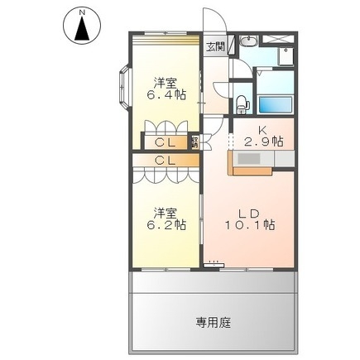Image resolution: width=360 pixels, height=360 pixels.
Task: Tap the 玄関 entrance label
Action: pyautogui.click(x=214, y=47)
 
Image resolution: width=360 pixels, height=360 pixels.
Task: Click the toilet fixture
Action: pyautogui.click(x=241, y=103)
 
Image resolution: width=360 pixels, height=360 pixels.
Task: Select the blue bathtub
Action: pyautogui.click(x=275, y=105)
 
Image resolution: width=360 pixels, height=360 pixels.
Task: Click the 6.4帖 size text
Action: pyautogui.click(x=166, y=94)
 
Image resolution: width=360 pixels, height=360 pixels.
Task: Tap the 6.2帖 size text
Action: pyautogui.click(x=166, y=224)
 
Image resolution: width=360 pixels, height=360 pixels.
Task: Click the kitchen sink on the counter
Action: pyautogui.click(x=248, y=157)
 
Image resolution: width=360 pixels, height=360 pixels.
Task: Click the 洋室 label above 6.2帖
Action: pyautogui.click(x=165, y=211)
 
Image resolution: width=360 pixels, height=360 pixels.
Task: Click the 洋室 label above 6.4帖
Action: pyautogui.click(x=165, y=81)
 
